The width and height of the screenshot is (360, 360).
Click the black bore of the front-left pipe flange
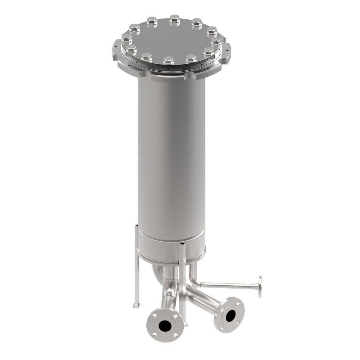point(165,326)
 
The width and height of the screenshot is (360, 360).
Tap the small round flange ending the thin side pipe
point(260,287)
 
